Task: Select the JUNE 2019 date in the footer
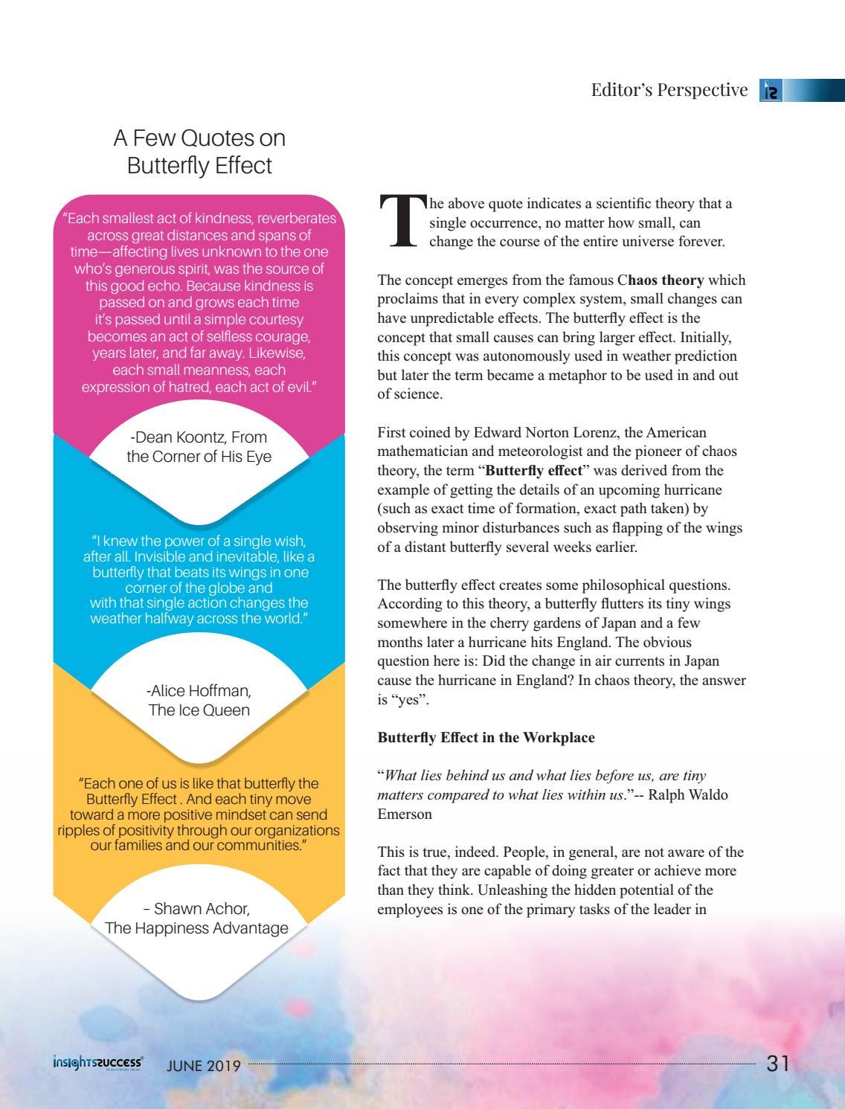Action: click(203, 1065)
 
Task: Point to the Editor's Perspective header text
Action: click(669, 90)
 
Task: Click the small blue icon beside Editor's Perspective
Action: click(769, 91)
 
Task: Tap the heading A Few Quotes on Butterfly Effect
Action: click(199, 151)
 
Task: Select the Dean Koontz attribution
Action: click(199, 446)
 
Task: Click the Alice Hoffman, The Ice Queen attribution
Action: click(199, 700)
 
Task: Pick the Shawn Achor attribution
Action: click(197, 919)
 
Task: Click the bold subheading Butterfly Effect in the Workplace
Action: click(486, 738)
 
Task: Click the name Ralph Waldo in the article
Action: click(685, 794)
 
